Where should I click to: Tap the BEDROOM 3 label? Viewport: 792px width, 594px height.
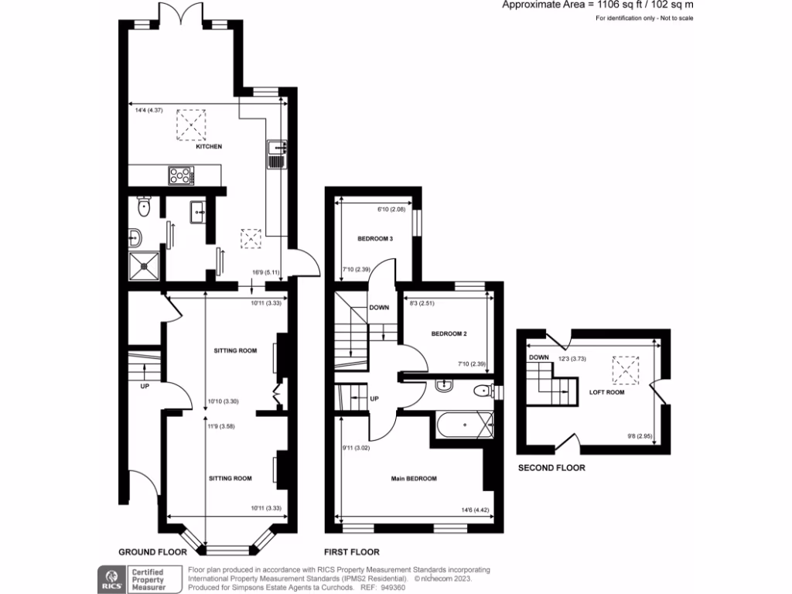375,239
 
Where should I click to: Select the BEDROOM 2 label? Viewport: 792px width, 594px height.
449,333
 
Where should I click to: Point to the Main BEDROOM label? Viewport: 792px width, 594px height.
414,479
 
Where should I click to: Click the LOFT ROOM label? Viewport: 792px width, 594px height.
607,392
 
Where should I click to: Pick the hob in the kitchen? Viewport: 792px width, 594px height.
179,176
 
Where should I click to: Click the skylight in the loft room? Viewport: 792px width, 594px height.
625,369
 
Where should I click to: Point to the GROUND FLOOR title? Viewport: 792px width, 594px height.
152,552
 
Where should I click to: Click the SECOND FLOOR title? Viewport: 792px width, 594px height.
551,468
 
